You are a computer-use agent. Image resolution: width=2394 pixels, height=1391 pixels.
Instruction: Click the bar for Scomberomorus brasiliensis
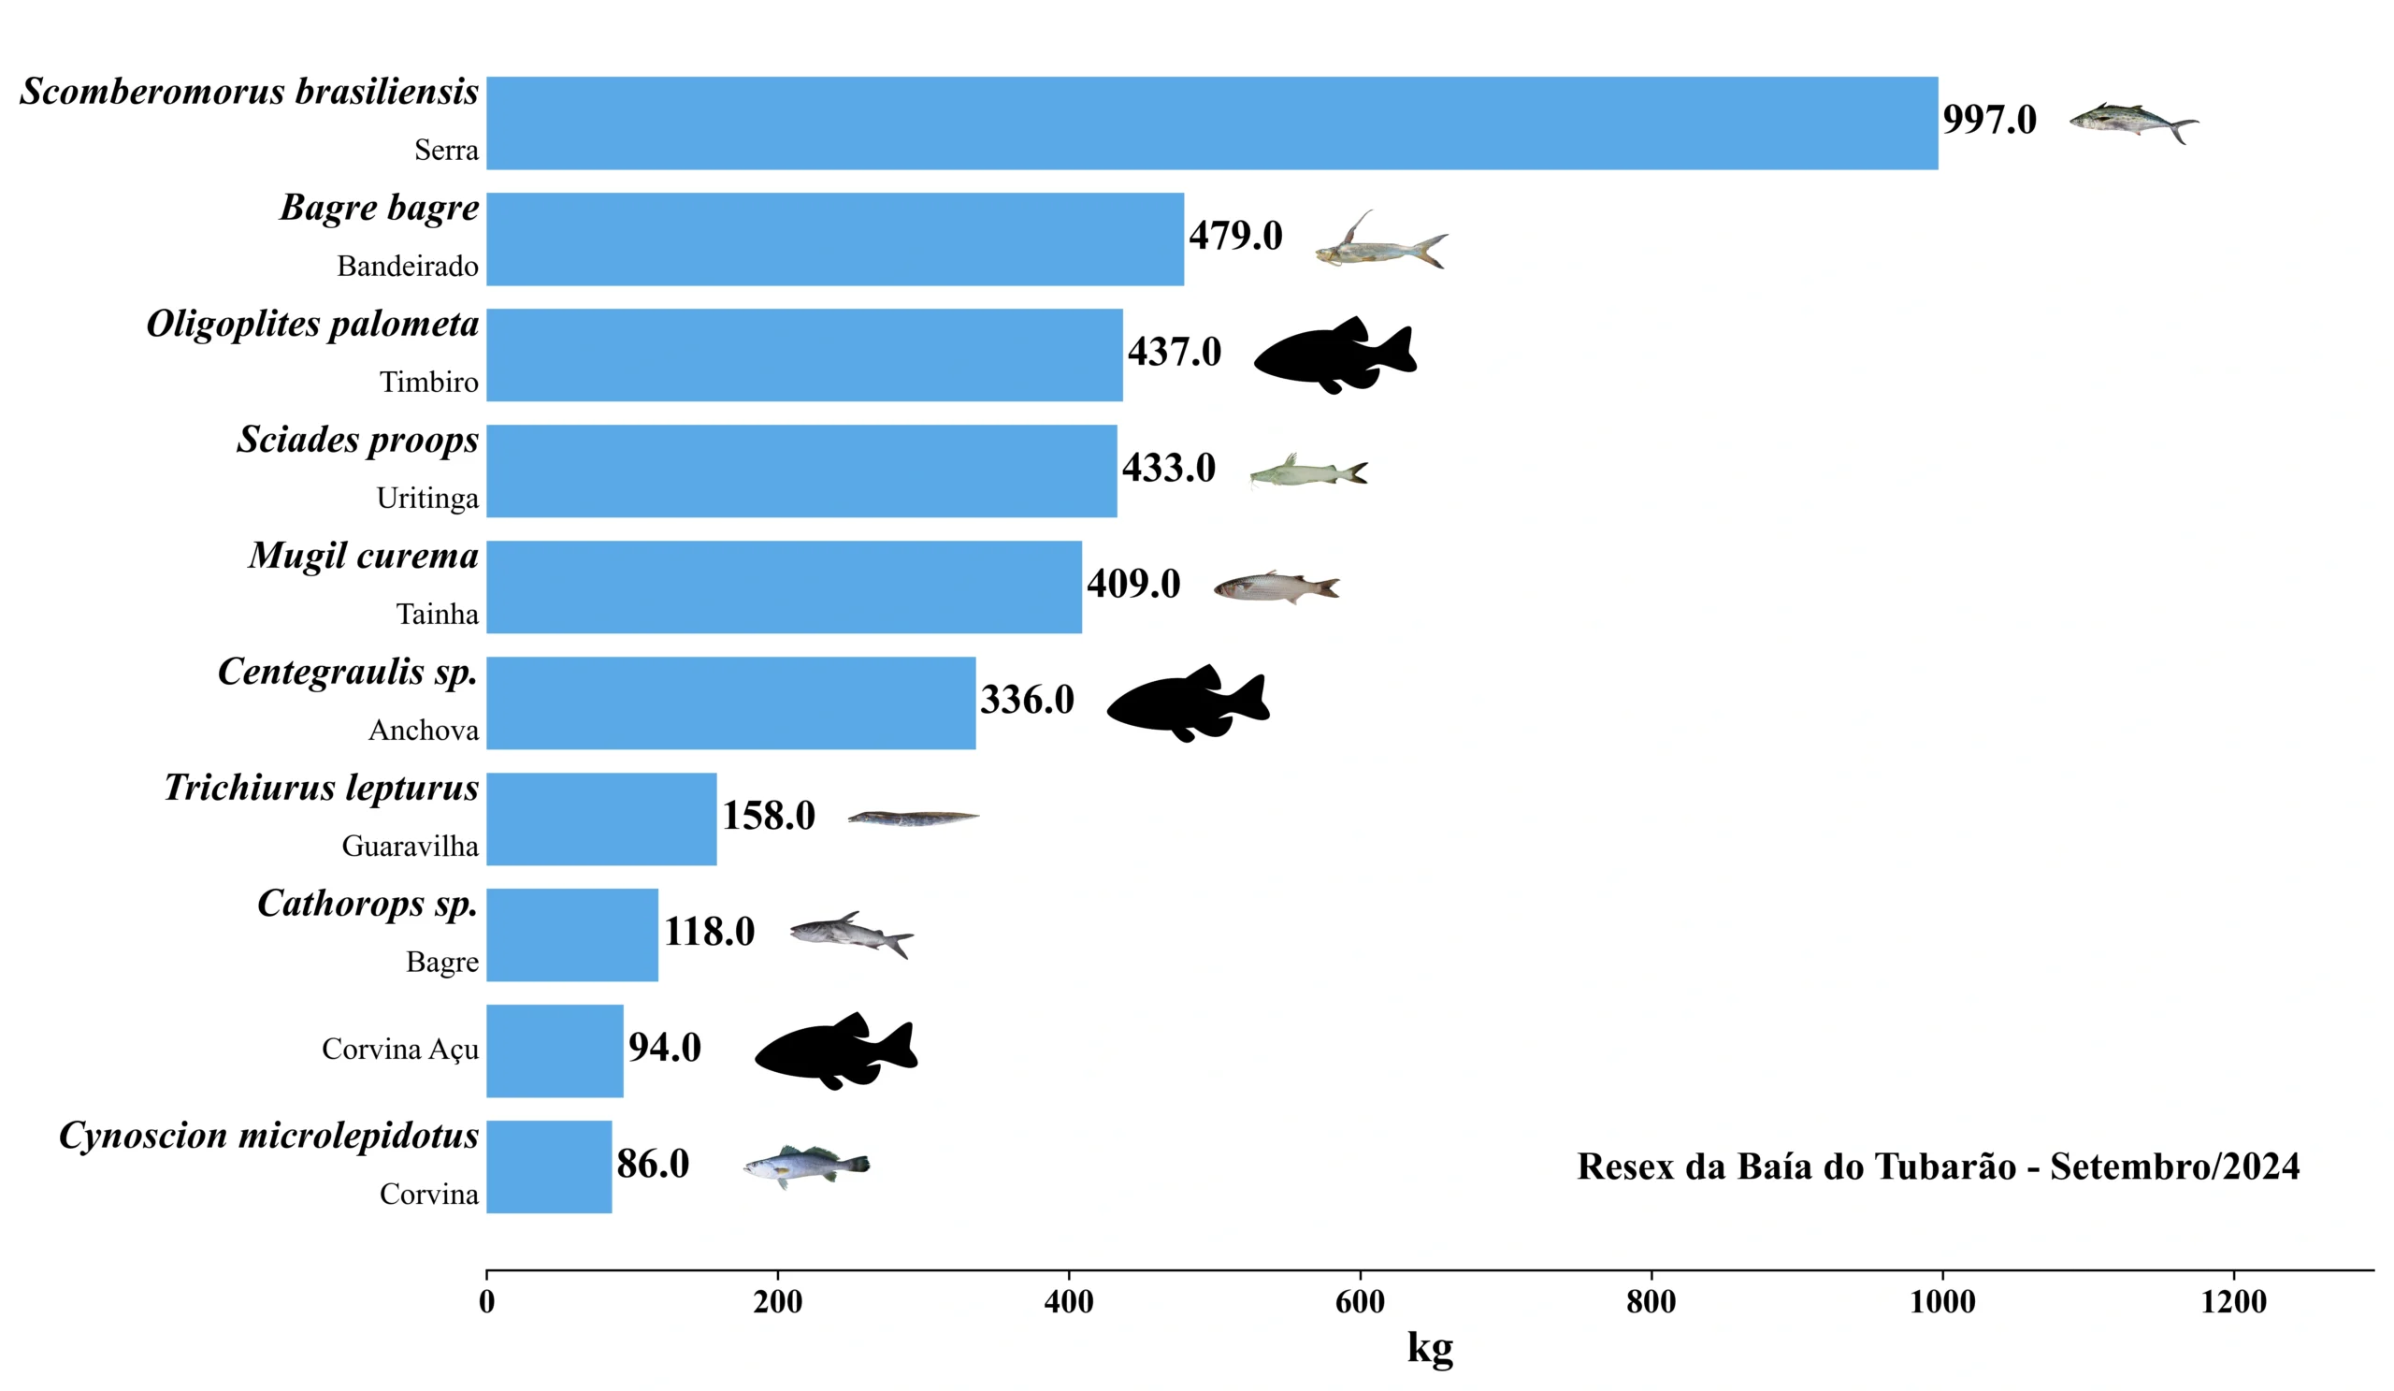[x=1211, y=123]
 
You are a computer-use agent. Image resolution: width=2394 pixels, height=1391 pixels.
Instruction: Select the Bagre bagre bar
[x=834, y=239]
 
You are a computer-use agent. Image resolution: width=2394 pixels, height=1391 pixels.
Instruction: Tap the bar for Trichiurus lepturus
[x=601, y=819]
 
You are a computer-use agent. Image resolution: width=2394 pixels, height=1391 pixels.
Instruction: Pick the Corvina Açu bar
[x=555, y=1050]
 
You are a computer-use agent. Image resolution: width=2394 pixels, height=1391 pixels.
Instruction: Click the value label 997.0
[x=1989, y=120]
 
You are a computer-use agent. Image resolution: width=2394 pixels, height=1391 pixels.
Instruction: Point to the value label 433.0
[x=1169, y=469]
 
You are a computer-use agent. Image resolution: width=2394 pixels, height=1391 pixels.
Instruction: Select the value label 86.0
[x=653, y=1164]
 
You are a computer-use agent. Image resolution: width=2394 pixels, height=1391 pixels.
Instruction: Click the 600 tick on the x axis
[x=1360, y=1302]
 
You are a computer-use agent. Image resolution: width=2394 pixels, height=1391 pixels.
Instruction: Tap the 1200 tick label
[x=2232, y=1302]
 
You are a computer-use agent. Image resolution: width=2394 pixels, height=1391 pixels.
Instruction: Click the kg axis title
[x=1430, y=1348]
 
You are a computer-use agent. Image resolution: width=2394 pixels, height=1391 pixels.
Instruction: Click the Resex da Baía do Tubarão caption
[x=1938, y=1166]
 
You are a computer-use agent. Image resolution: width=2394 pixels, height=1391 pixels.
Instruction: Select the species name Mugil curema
[x=363, y=557]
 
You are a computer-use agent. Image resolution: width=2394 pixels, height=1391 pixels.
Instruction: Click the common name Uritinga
[x=427, y=498]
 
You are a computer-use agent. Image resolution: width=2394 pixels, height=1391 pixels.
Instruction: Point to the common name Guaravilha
[x=410, y=846]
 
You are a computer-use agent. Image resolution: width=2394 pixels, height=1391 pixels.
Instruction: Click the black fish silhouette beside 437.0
[x=1334, y=355]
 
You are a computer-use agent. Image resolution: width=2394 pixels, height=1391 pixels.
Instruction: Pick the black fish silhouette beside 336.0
[x=1188, y=703]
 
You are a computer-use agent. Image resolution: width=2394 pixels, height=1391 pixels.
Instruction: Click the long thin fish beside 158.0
[x=912, y=818]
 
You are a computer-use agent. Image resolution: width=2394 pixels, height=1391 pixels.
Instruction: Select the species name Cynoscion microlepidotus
[x=268, y=1137]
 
